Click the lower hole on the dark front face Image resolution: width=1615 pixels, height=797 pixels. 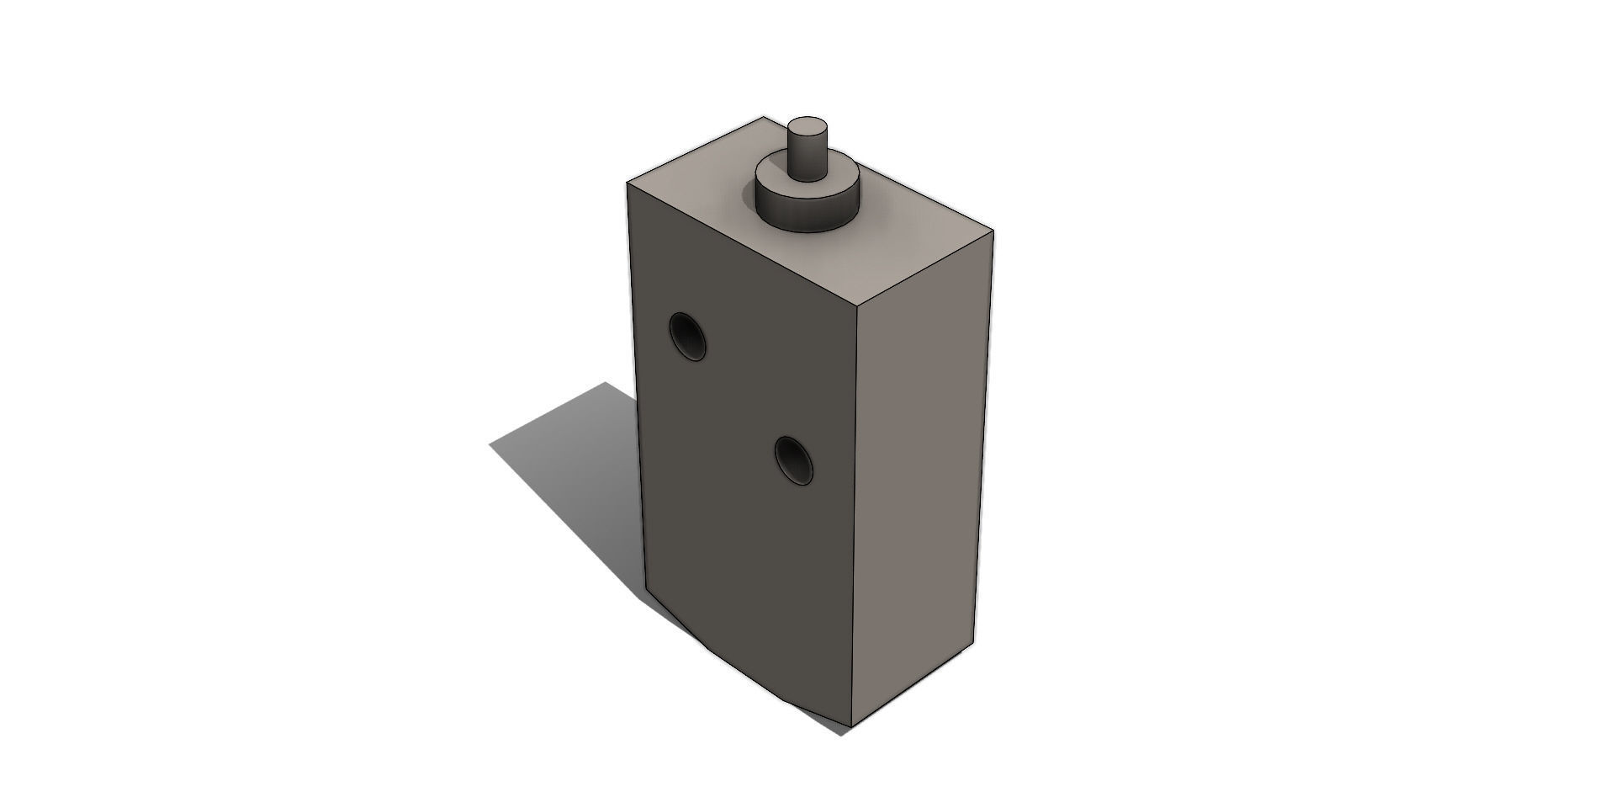point(793,460)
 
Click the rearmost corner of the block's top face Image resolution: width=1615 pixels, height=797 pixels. point(764,117)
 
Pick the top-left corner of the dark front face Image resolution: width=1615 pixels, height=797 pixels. point(627,181)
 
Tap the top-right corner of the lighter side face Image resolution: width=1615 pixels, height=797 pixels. point(993,230)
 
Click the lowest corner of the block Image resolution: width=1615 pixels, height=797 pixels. point(852,727)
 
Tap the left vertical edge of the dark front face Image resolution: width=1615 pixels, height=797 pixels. point(637,387)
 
